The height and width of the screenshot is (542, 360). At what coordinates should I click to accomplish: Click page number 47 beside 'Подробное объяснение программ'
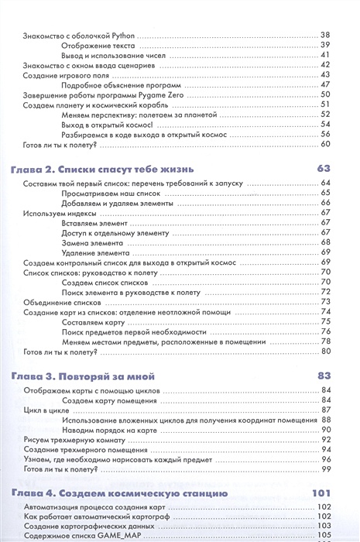pos(326,84)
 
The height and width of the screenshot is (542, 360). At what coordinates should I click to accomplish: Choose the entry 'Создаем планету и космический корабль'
pos(91,105)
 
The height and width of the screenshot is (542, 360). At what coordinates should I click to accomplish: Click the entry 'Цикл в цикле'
pos(45,409)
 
